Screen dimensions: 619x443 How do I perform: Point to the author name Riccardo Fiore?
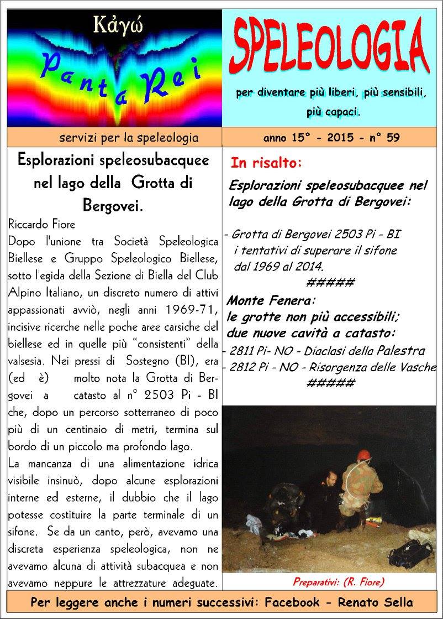coord(42,225)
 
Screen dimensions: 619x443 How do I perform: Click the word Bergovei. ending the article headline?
coord(113,205)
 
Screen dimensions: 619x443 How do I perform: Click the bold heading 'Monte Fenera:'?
coord(271,301)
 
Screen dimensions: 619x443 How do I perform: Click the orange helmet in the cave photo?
coord(363,454)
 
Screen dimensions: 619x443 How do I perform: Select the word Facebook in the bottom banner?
coord(298,602)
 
